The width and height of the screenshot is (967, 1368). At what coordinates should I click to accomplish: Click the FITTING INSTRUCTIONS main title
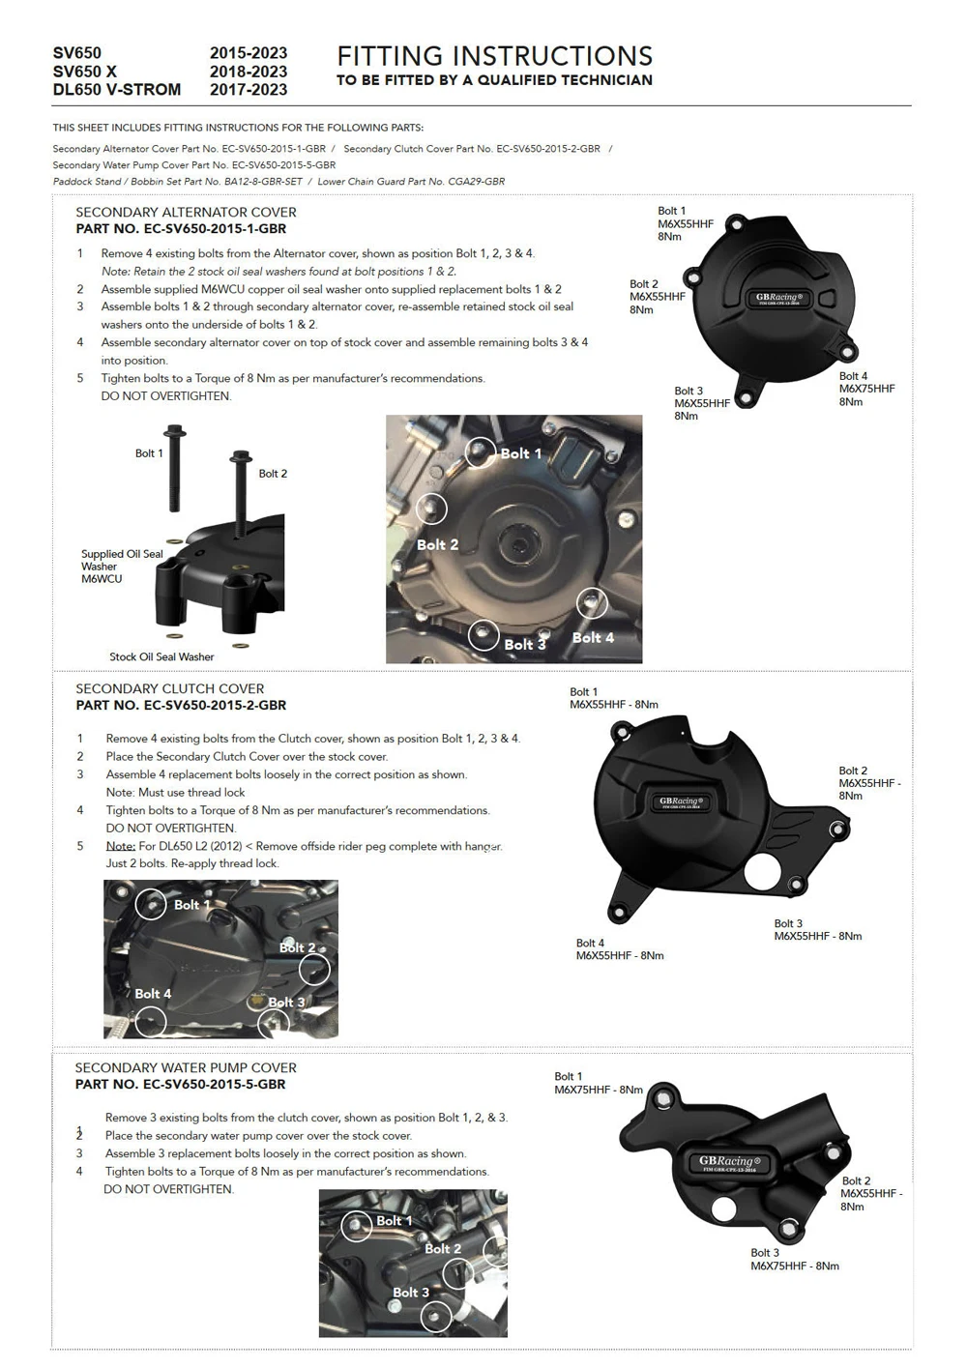click(x=494, y=56)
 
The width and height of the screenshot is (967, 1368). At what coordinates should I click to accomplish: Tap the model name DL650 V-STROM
click(x=116, y=90)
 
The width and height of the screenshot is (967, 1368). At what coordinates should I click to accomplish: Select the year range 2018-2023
click(x=249, y=72)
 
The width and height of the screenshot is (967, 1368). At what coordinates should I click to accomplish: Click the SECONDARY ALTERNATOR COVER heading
click(x=186, y=212)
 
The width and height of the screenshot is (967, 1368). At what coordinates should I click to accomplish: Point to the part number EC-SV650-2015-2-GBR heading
click(x=181, y=706)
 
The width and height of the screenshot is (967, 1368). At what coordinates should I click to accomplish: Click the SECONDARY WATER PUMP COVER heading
click(x=186, y=1067)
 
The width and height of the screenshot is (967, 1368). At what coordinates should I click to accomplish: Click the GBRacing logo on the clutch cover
click(x=682, y=801)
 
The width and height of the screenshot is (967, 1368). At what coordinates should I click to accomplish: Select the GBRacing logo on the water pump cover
click(x=729, y=1163)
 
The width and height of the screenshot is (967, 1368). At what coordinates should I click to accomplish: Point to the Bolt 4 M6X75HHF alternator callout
click(x=866, y=389)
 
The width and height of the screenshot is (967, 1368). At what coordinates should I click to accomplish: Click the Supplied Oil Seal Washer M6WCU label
click(x=121, y=567)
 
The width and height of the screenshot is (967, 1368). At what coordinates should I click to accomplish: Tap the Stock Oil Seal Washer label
click(x=161, y=657)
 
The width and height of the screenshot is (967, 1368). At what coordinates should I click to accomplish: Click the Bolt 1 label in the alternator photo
click(x=520, y=453)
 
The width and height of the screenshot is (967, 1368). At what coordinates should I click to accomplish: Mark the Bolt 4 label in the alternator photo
click(x=593, y=638)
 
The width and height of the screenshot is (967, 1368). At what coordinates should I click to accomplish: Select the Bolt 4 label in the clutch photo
click(x=153, y=994)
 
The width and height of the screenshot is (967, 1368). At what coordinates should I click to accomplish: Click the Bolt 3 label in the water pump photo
click(x=410, y=1293)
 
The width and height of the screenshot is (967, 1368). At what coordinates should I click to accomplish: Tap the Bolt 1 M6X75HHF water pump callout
click(x=598, y=1083)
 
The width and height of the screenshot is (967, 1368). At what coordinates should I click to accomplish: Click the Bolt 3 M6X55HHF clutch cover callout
click(x=817, y=930)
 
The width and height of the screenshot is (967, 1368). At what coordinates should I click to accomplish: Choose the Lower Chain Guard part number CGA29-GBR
click(x=411, y=182)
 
